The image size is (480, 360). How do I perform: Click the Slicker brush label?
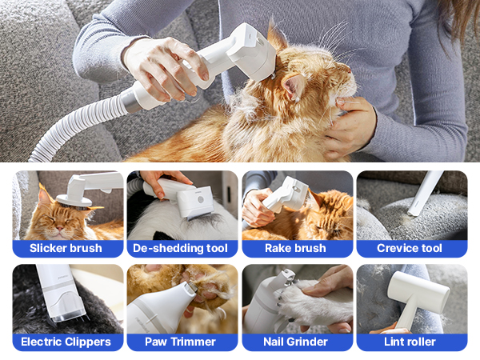[66, 248]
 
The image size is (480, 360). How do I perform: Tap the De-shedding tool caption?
[180, 248]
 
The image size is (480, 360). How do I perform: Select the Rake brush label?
[295, 248]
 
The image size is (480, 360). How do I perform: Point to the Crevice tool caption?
[410, 248]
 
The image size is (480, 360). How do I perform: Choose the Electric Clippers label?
[66, 342]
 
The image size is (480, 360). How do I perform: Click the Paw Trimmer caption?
[180, 342]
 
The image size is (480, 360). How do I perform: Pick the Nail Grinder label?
[295, 342]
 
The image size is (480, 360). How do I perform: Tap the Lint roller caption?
[410, 342]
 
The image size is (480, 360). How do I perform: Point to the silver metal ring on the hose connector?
[128, 100]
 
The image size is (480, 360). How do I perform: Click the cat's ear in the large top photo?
[294, 87]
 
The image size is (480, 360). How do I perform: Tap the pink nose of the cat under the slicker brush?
[60, 228]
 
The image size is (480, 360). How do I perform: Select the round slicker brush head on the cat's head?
[74, 201]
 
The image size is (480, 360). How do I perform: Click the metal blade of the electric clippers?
[70, 316]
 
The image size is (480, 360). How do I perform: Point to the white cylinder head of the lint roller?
[418, 290]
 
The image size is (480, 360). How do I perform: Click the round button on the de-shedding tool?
[201, 200]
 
